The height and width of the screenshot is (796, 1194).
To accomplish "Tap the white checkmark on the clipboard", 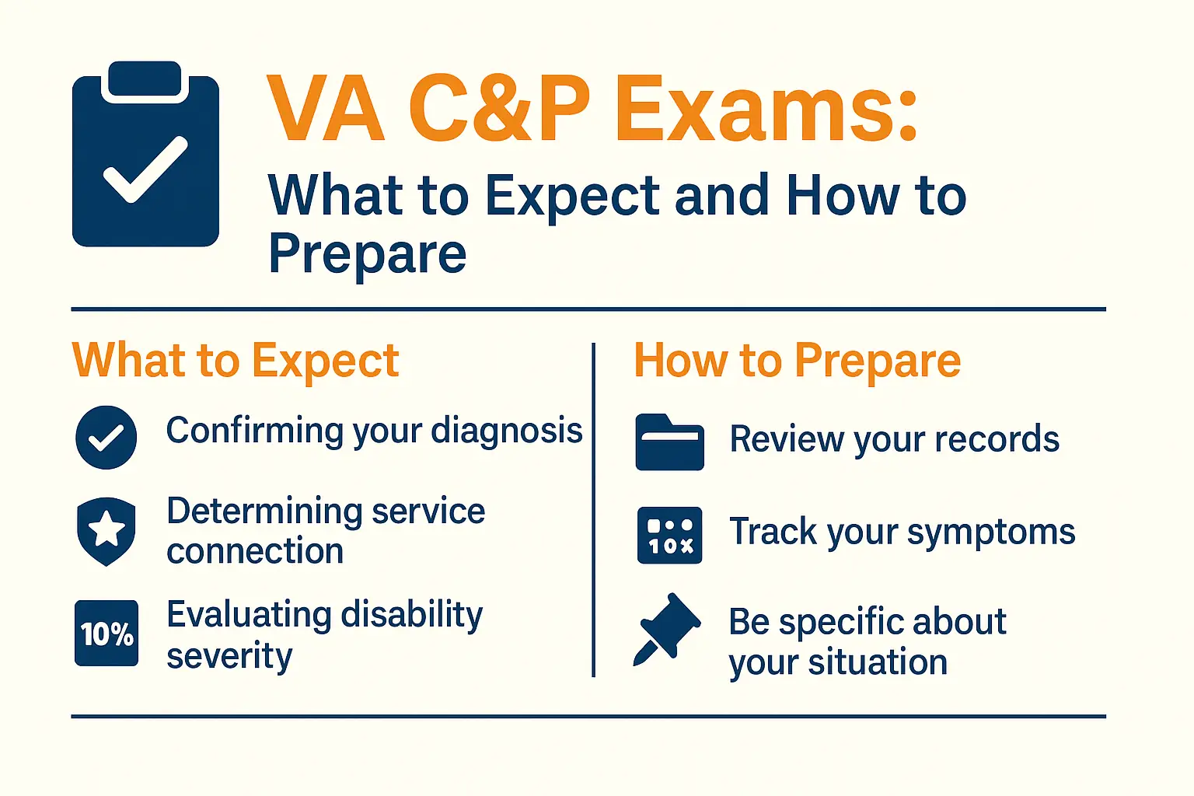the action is coord(145,169).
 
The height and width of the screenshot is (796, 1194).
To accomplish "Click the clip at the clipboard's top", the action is coord(145,79).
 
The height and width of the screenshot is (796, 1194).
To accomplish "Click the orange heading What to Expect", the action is coord(236,361).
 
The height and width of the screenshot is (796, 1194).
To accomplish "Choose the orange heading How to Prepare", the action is coord(798,361).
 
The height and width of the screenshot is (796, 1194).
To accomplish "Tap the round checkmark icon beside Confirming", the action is coord(106,437).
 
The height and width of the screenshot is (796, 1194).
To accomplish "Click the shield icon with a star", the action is coord(106,531).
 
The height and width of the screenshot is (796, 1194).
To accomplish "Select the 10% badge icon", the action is coord(106,633).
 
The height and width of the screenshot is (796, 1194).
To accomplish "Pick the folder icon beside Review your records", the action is coord(669,442).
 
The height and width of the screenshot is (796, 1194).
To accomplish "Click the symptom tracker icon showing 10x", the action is coord(669,536).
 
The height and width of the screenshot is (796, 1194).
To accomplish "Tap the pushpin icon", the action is coord(667,629).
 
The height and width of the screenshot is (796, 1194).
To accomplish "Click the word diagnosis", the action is coord(506,431).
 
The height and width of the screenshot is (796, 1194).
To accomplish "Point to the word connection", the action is coord(255,551).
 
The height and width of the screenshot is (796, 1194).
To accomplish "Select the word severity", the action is coord(230,657).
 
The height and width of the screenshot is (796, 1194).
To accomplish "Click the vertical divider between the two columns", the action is coord(593,510).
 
